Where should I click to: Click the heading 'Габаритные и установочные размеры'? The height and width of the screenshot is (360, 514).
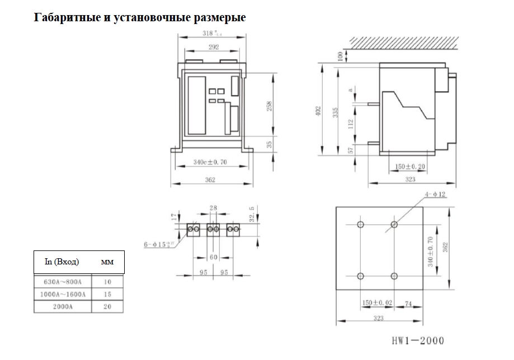pos(140,17)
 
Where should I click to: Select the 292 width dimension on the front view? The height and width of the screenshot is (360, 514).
pos(213,48)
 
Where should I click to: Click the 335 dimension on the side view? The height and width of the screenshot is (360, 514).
pos(336,111)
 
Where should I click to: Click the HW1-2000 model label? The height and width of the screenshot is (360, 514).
pos(417,340)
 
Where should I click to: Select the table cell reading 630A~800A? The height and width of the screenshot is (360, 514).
pos(62,282)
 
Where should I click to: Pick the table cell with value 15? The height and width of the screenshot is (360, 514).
pos(107,294)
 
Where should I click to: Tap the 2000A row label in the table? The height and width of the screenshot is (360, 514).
pos(62,306)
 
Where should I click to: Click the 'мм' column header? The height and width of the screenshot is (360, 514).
pos(106,262)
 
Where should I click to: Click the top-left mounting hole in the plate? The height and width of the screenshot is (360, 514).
pos(360,225)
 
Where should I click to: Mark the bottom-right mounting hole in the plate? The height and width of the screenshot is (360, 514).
pos(394,276)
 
